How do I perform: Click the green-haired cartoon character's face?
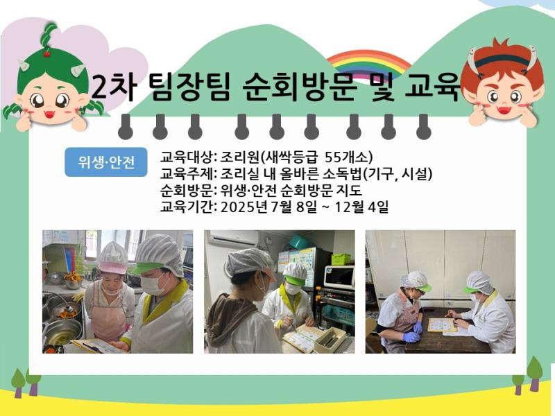pyautogui.click(x=51, y=98)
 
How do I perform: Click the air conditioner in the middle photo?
pyautogui.click(x=233, y=239)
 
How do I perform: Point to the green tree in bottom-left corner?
pyautogui.click(x=19, y=379)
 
